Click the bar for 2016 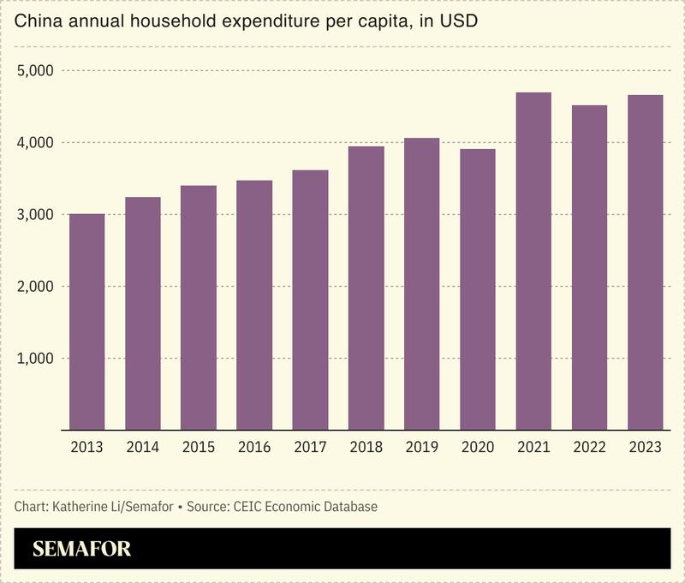click(x=254, y=305)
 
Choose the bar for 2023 click(x=645, y=262)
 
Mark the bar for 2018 click(x=366, y=288)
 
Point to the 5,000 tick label click(x=36, y=70)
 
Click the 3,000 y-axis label click(x=36, y=214)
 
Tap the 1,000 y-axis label click(x=36, y=358)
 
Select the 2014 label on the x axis click(x=142, y=448)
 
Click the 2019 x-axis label click(x=421, y=448)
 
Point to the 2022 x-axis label click(x=589, y=448)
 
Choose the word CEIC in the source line click(x=244, y=507)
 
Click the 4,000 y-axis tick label click(x=36, y=142)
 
